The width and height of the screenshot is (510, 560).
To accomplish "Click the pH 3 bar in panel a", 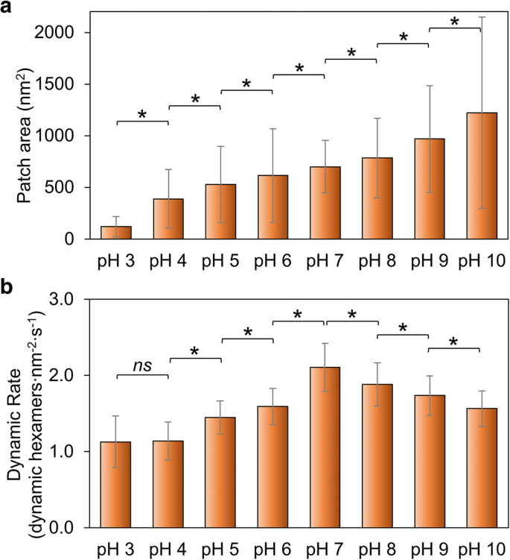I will [x=115, y=233].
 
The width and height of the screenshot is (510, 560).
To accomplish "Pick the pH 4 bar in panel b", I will [x=168, y=484].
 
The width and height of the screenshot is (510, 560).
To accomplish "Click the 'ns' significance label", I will [x=142, y=365].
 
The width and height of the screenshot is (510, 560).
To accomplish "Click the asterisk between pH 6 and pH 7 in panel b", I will [x=299, y=314].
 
